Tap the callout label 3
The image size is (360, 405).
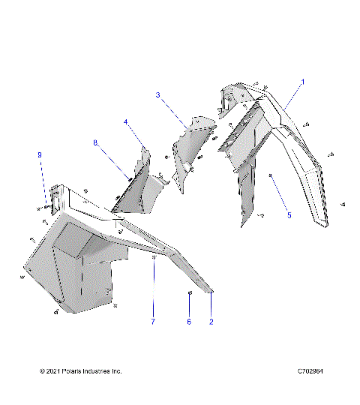coord(158,95)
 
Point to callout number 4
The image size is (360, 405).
coord(127,121)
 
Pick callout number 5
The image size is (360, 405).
coord(289,214)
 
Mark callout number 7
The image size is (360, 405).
coord(153,322)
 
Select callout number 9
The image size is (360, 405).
coord(40,154)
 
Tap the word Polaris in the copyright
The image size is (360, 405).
coord(76,371)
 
